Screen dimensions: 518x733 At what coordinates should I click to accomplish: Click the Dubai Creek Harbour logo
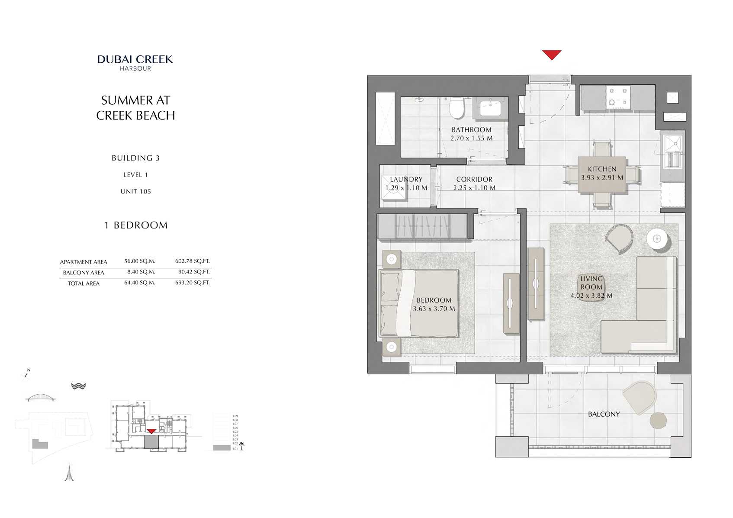pos(135,62)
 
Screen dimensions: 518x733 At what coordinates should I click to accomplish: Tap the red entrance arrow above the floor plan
pos(552,55)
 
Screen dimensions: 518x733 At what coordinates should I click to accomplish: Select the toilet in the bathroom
pos(457,108)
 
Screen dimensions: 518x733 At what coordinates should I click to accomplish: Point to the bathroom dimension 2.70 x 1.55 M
pos(471,138)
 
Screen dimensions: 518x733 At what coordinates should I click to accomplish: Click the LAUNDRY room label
pos(406,179)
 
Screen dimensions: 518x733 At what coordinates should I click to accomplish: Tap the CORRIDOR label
pos(474,179)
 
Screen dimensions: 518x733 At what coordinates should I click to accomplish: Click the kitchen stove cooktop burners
pos(618,97)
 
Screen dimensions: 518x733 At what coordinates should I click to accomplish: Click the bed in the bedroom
pos(419,303)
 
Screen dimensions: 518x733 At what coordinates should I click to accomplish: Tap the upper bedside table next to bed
pos(392,259)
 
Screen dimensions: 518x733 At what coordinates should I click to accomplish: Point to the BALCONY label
pos(604,414)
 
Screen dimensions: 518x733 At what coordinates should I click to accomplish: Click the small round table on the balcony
pos(658,420)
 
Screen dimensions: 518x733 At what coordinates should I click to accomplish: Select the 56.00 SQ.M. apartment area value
pos(139,261)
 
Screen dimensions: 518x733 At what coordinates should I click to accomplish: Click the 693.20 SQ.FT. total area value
pos(192,283)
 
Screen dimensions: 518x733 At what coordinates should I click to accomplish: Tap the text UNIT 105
pos(135,191)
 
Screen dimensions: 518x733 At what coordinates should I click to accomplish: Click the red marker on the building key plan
pos(151,431)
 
